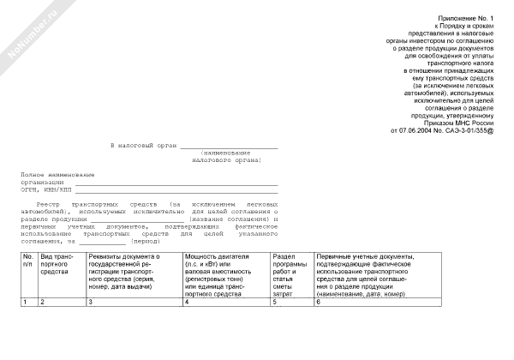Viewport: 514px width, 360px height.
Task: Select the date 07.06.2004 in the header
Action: point(416,131)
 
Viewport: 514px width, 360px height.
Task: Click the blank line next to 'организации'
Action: point(176,182)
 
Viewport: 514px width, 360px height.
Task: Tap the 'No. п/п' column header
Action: point(28,261)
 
